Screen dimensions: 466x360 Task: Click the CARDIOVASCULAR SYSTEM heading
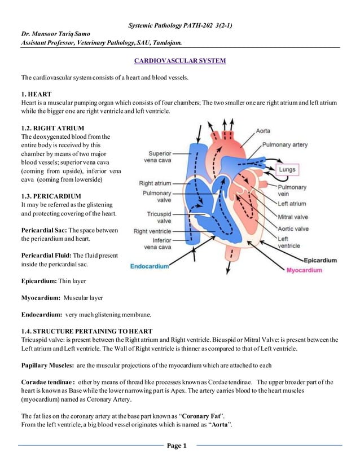click(x=179, y=60)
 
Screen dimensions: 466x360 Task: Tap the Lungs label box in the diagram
click(x=287, y=169)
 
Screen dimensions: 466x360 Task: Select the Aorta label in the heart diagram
click(x=263, y=131)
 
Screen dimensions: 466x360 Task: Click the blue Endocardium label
click(x=149, y=266)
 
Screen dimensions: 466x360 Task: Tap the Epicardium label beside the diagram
click(x=320, y=260)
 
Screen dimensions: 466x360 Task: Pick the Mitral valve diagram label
click(x=293, y=217)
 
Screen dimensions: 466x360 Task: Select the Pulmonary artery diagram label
click(x=285, y=144)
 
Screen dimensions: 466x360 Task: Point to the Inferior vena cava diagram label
click(x=158, y=244)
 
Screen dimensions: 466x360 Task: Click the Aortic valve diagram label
click(x=293, y=229)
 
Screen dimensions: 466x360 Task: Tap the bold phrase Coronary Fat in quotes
click(x=203, y=416)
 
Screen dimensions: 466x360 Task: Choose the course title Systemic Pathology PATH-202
click(x=163, y=25)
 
